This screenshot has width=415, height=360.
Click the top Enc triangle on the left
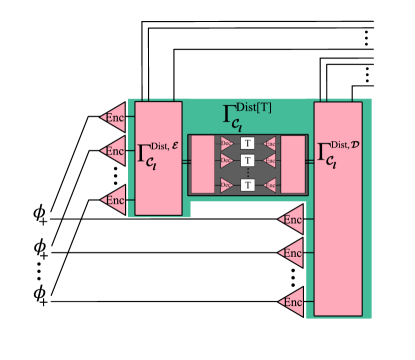tap(114, 116)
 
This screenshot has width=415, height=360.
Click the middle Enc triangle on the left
tap(114, 151)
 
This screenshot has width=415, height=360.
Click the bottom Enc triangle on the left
tap(114, 200)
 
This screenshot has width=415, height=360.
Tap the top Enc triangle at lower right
tap(291, 219)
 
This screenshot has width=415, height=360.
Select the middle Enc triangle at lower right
tap(291, 252)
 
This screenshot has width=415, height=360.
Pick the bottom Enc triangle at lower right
tap(291, 300)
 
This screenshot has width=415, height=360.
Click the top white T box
tap(247, 144)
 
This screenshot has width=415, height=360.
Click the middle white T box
tap(247, 160)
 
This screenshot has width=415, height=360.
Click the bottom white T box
tap(247, 184)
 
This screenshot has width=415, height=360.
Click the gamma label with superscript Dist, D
tap(340, 155)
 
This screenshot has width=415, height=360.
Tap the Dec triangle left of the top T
tap(228, 144)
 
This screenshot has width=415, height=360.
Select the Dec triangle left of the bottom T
tap(228, 184)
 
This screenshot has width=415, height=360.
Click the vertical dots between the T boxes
tap(247, 172)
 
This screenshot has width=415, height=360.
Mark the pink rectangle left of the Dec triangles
tap(203, 164)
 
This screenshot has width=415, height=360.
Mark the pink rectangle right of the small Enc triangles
tap(292, 164)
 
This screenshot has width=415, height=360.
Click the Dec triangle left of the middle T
tap(228, 160)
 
